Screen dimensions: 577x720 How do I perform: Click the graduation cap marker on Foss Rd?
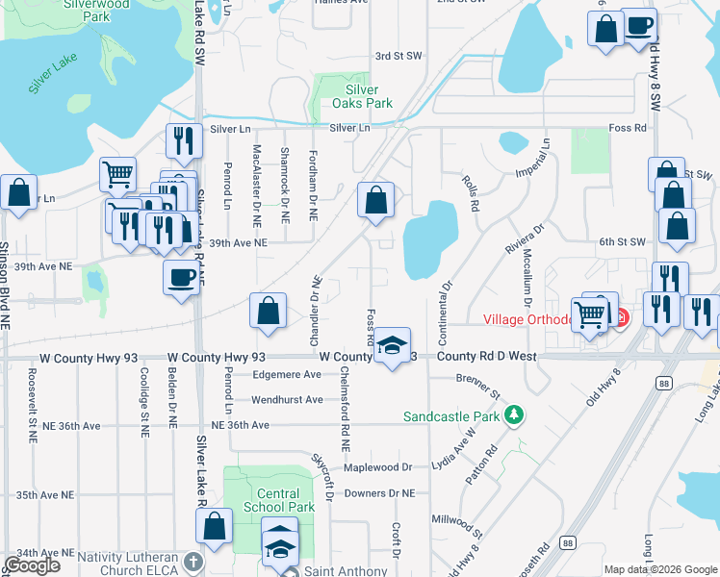[x=392, y=346]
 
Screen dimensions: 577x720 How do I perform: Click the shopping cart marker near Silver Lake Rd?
[x=117, y=175]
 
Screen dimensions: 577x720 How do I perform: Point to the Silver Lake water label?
[x=53, y=74]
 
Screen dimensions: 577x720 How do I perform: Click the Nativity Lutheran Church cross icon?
[x=193, y=561]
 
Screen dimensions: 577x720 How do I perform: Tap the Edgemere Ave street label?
[x=286, y=375]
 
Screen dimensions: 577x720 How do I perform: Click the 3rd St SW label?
[x=399, y=57]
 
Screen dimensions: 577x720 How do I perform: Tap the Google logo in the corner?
[x=32, y=565]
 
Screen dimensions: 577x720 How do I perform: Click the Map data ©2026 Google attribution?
[x=660, y=569]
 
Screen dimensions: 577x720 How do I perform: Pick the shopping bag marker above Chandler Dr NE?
[x=269, y=311]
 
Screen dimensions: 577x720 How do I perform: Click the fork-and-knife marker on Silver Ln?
[x=182, y=140]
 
